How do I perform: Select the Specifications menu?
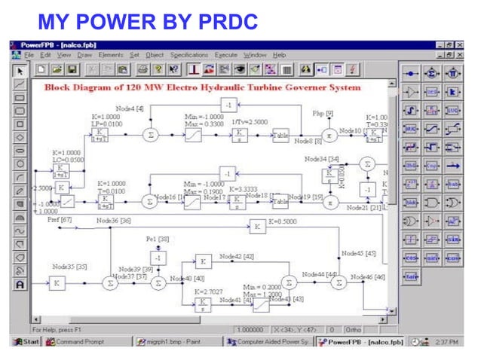pyautogui.click(x=189, y=55)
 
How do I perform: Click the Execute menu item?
pyautogui.click(x=226, y=55)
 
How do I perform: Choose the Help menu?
pyautogui.click(x=279, y=55)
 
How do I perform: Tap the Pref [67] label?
pyautogui.click(x=59, y=220)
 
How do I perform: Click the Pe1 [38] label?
pyautogui.click(x=157, y=239)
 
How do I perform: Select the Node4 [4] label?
pyautogui.click(x=129, y=109)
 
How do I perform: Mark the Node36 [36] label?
pyautogui.click(x=113, y=220)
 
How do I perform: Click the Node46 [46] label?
pyautogui.click(x=370, y=277)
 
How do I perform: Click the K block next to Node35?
pyautogui.click(x=57, y=283)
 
